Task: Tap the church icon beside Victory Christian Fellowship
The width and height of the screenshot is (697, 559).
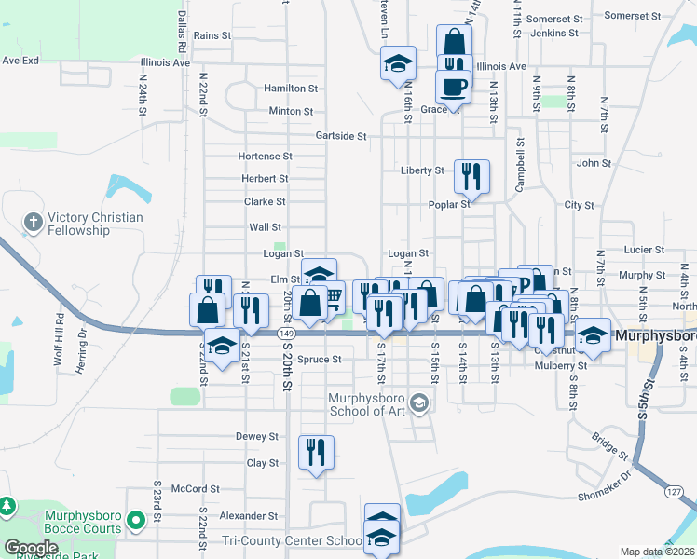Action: (x=34, y=222)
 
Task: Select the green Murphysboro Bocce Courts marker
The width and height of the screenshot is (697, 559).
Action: (x=136, y=520)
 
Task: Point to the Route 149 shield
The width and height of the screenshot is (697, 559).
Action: (x=286, y=333)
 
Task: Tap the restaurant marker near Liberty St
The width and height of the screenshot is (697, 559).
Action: (x=471, y=176)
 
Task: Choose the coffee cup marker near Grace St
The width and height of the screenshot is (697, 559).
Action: (x=454, y=87)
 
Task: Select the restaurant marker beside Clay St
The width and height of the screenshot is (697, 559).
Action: (x=316, y=453)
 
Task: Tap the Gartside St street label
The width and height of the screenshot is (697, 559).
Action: (x=340, y=135)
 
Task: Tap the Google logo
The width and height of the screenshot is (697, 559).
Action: (x=31, y=548)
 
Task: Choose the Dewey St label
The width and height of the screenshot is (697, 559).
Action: (x=257, y=436)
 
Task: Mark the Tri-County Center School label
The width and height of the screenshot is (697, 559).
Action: (x=292, y=540)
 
